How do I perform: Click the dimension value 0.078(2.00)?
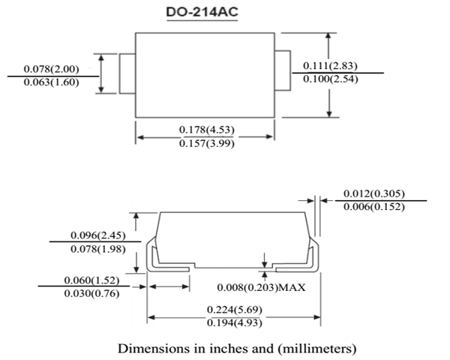52,69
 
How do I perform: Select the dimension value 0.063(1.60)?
52,82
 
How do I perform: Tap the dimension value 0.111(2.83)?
331,66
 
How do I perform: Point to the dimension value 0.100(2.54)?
331,79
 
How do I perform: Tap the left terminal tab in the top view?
127,73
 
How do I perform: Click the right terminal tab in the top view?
283,73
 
